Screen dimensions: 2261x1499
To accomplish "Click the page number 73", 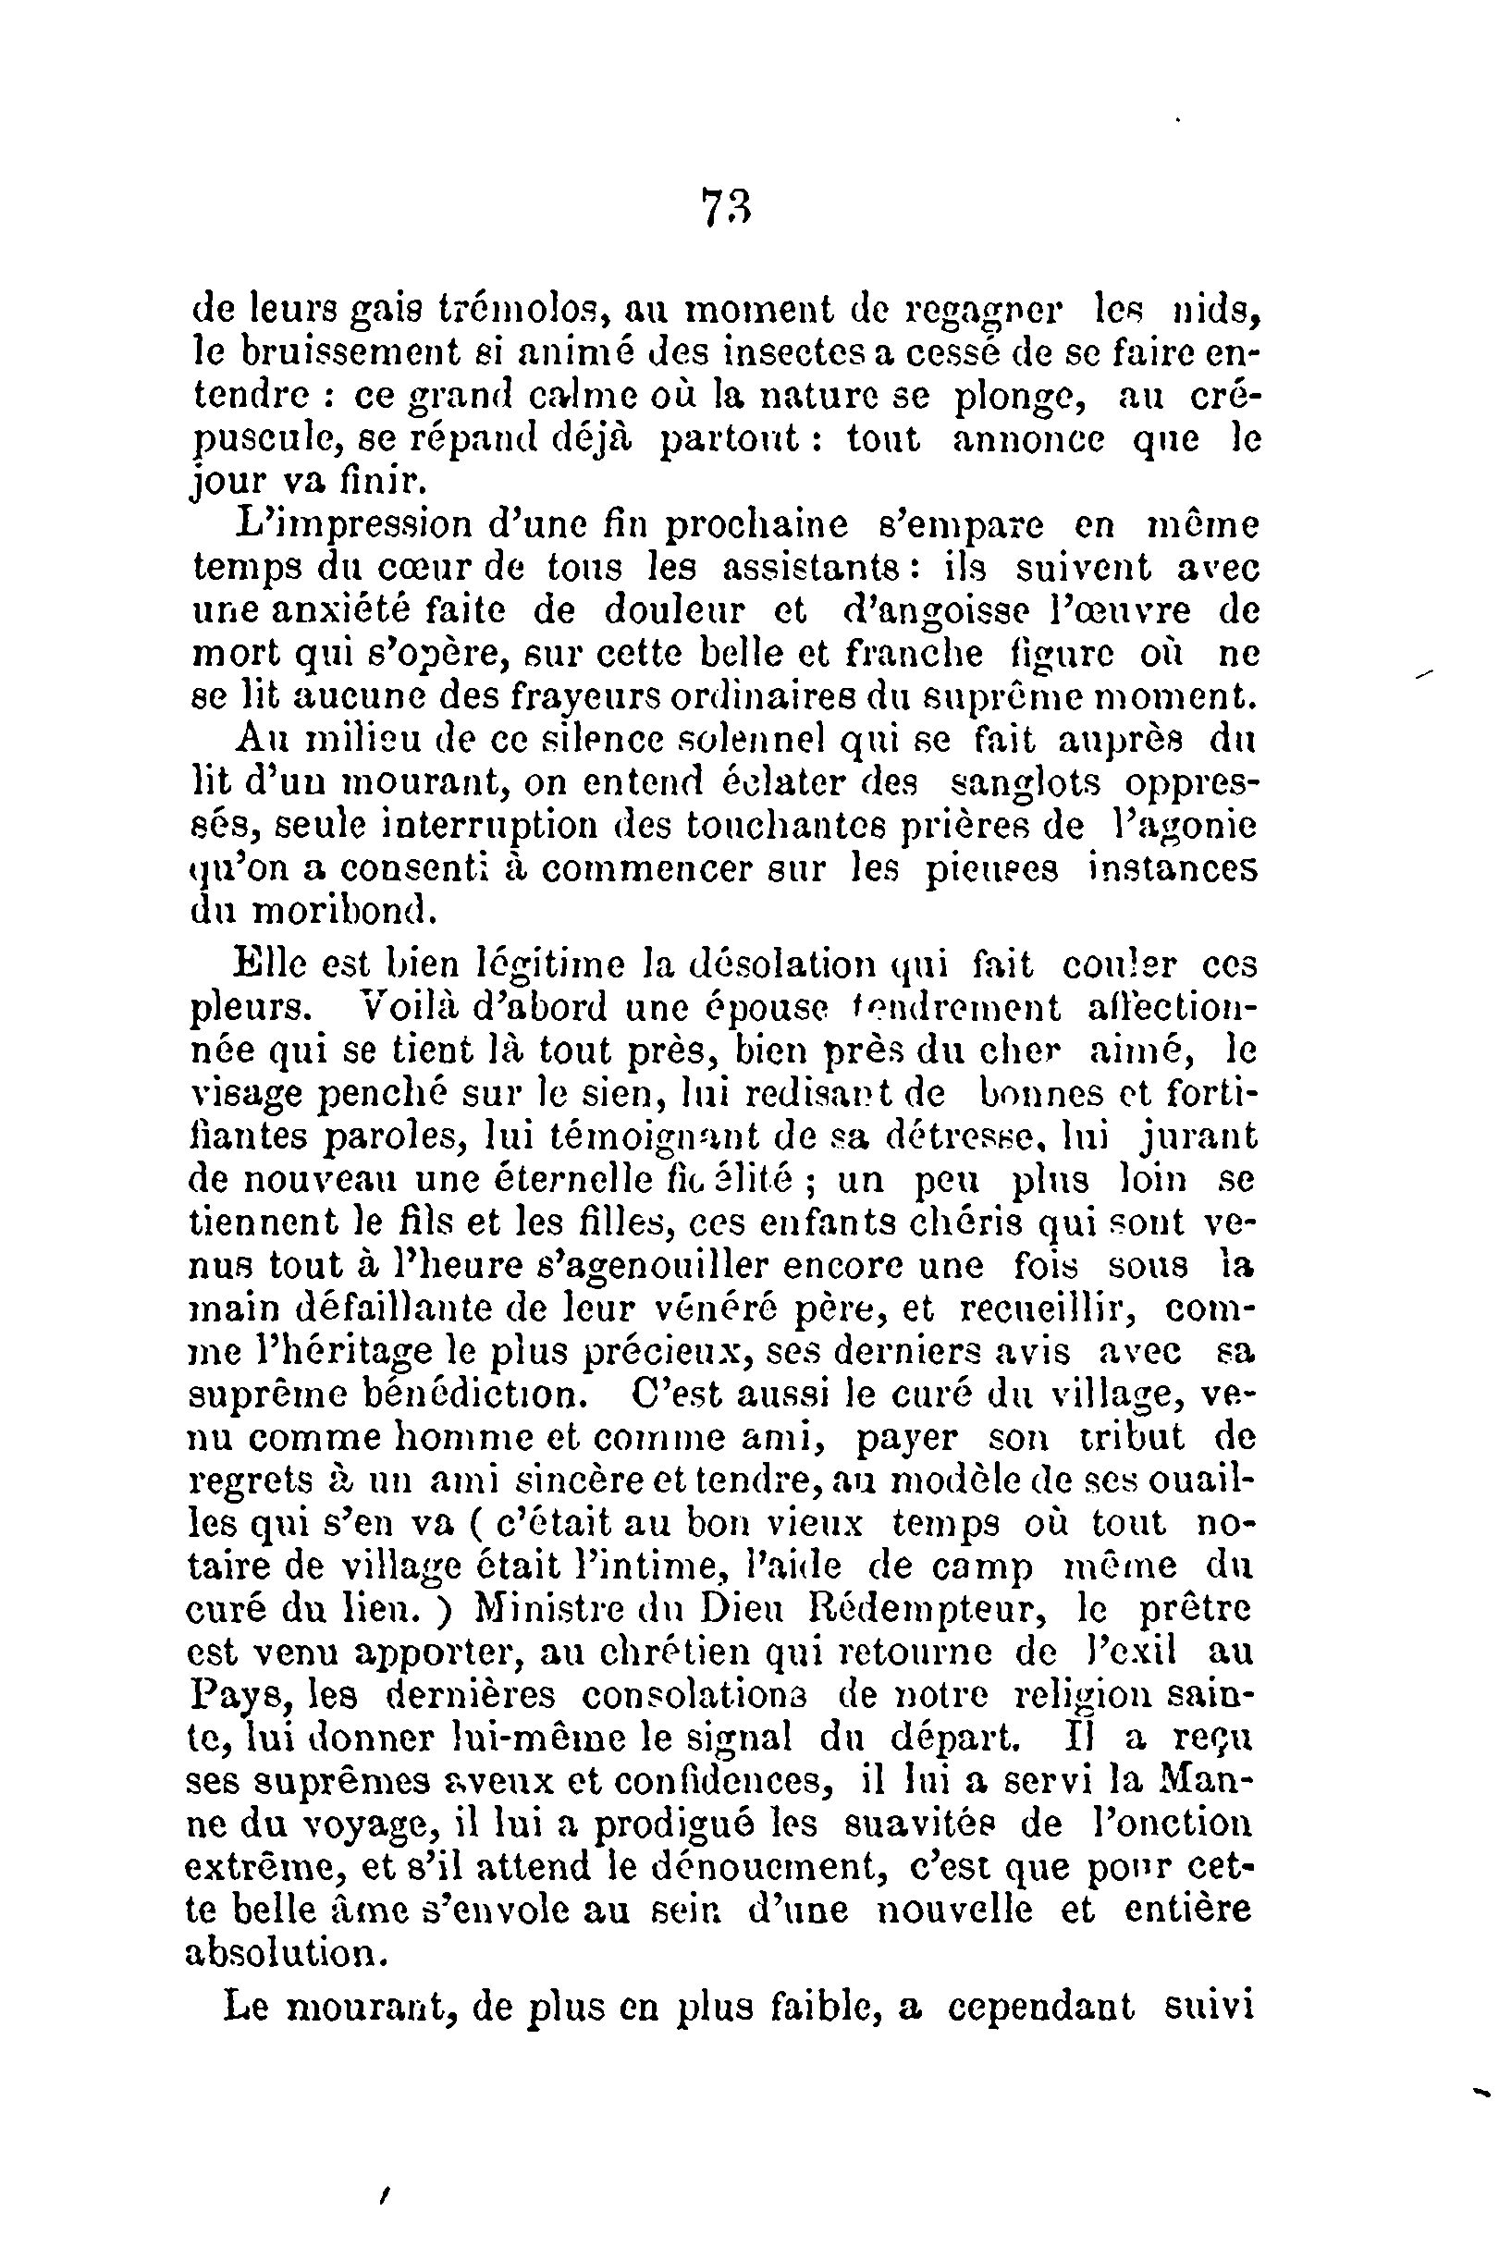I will (728, 206).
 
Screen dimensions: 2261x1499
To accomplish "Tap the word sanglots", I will (1026, 783).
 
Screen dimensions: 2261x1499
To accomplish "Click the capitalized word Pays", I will (227, 1696).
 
